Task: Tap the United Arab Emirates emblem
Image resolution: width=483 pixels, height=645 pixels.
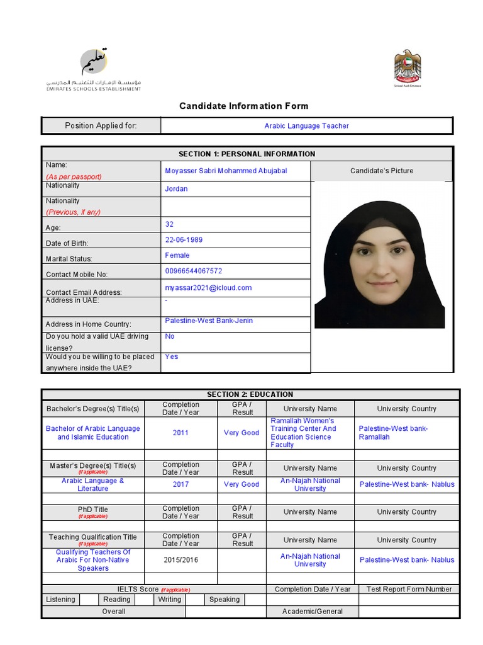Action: (x=407, y=68)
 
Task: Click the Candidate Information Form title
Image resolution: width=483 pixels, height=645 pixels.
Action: (x=243, y=106)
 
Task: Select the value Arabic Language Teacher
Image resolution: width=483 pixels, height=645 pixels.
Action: (x=306, y=126)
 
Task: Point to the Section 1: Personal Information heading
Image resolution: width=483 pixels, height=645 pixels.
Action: (x=247, y=154)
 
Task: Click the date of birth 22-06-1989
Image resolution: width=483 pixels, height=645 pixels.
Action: (x=184, y=240)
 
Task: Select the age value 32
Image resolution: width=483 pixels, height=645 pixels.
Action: (x=169, y=224)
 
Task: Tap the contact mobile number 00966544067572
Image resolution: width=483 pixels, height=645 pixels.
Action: (x=193, y=271)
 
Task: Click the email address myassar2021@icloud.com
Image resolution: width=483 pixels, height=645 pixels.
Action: (x=208, y=288)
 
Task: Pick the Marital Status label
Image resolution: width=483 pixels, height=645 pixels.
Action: (x=69, y=259)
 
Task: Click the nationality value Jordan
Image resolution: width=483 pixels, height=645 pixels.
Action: (x=176, y=189)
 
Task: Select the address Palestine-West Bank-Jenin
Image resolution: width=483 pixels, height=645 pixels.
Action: (x=209, y=321)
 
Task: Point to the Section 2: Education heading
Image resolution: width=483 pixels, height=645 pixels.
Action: (x=250, y=394)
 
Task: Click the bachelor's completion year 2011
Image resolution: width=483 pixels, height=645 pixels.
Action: (x=180, y=433)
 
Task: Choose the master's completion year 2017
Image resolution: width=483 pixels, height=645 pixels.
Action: (x=180, y=484)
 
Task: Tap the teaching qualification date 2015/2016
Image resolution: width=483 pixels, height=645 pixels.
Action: (x=180, y=560)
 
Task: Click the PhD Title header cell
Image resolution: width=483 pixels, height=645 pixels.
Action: (x=92, y=511)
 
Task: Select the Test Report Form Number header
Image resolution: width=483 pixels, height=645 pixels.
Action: (x=409, y=589)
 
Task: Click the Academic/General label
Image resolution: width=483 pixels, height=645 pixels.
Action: (x=312, y=611)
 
